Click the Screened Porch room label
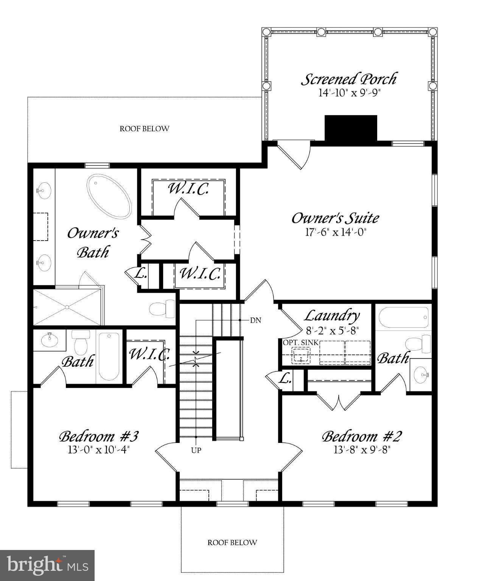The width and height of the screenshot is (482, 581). pos(348,79)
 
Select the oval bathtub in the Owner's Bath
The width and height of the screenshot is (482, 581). pos(109,196)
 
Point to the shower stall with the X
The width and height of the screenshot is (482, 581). pos(67,307)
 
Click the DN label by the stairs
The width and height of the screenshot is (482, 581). pos(256,320)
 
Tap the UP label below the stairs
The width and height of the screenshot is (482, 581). pos(196,450)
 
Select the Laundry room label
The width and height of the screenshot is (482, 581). pos(332,315)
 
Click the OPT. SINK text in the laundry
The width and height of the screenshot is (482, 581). pos(301,343)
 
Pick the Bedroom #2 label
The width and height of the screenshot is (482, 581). pos(361,437)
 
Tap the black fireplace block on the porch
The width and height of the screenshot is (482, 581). pos(351,128)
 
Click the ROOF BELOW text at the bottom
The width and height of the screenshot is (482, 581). pos(232,542)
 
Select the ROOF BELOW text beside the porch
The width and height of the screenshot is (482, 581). pos(144,129)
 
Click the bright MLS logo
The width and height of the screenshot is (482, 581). pos(47,565)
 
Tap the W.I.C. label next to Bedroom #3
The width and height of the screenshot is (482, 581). pos(149,354)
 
